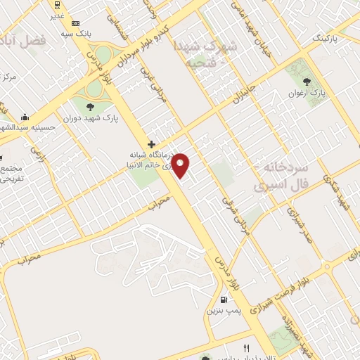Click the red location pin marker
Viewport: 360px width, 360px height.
click(x=181, y=165)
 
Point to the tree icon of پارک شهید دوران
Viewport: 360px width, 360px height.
click(x=89, y=107)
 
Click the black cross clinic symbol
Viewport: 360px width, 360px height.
click(x=151, y=144)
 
